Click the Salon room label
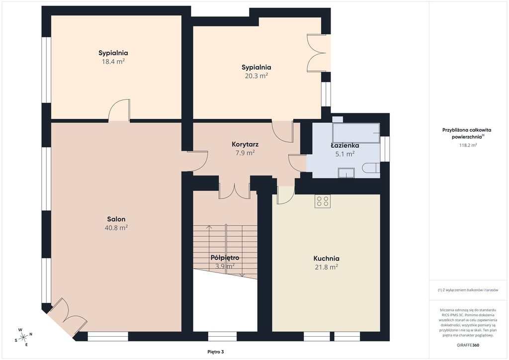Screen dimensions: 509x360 pyautogui.click(x=116, y=219)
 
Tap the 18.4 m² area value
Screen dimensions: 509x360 pyautogui.click(x=113, y=61)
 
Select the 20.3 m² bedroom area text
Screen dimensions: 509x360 pyautogui.click(x=256, y=76)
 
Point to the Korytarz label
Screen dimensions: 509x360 pyautogui.click(x=245, y=144)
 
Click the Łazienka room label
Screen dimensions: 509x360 pyautogui.click(x=345, y=145)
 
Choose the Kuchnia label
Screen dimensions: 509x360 pyautogui.click(x=326, y=259)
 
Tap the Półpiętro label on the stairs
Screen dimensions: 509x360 pyautogui.click(x=225, y=258)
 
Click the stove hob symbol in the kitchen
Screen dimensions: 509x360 pyautogui.click(x=322, y=201)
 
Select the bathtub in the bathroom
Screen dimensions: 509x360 pyautogui.click(x=356, y=133)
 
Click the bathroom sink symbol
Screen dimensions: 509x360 pyautogui.click(x=346, y=173)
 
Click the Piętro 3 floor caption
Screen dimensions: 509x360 pyautogui.click(x=216, y=352)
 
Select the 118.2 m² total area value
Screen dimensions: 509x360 pyautogui.click(x=468, y=145)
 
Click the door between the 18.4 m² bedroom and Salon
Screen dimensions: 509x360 pyautogui.click(x=119, y=110)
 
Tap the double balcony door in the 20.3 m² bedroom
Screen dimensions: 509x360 pyautogui.click(x=317, y=53)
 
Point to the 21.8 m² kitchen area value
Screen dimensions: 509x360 pyautogui.click(x=326, y=267)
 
